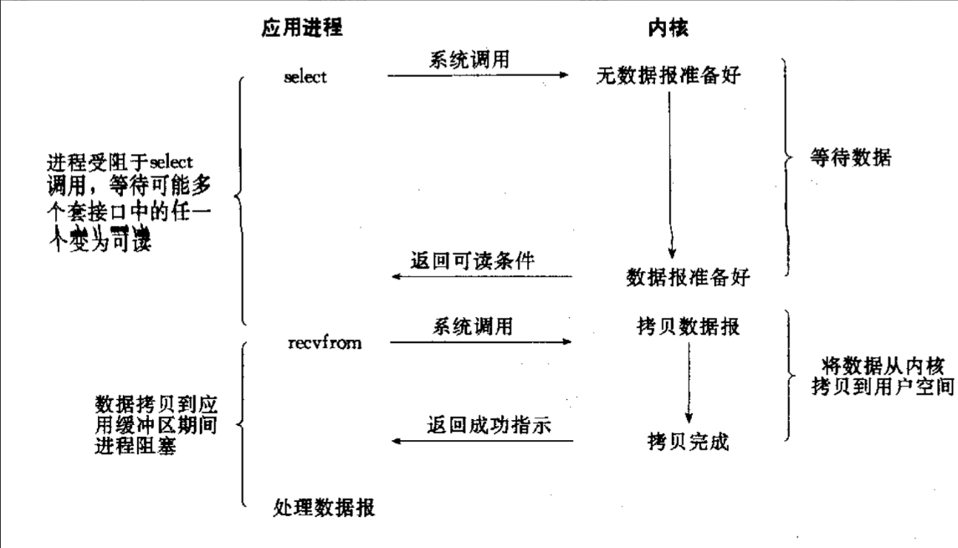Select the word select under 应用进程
(x=305, y=77)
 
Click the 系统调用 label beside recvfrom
(x=472, y=325)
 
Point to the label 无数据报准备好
(x=669, y=77)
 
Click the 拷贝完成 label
(x=688, y=441)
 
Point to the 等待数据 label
(x=851, y=156)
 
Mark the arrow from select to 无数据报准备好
(x=479, y=76)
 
